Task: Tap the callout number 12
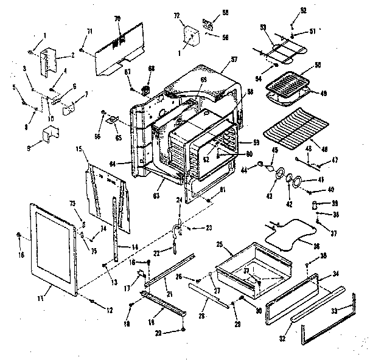tap(110, 311)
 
